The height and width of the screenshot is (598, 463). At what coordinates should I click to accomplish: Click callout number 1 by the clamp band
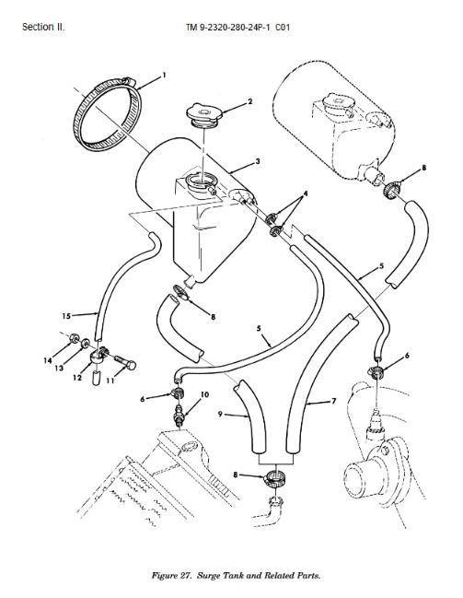(164, 76)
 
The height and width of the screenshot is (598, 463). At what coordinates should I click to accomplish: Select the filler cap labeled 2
(204, 114)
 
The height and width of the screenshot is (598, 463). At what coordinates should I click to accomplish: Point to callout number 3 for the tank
(258, 161)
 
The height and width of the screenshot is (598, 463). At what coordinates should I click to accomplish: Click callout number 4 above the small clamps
(305, 193)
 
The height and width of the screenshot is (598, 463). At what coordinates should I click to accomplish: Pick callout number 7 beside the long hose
(334, 401)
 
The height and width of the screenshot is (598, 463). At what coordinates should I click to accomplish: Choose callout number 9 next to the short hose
(220, 414)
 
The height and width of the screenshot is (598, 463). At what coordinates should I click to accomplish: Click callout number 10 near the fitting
(205, 394)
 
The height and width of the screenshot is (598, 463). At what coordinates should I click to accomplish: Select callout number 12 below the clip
(77, 377)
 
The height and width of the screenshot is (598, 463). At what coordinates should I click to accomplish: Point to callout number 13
(59, 368)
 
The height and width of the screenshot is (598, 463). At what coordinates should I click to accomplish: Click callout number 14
(47, 360)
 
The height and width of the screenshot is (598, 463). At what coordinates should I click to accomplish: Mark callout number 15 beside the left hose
(66, 316)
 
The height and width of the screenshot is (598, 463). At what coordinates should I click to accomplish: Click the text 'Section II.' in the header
(43, 27)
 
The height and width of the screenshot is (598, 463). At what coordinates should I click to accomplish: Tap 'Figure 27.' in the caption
(171, 576)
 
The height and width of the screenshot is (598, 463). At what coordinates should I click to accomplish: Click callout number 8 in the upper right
(423, 168)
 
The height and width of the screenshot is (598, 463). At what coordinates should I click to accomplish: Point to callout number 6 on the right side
(407, 356)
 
